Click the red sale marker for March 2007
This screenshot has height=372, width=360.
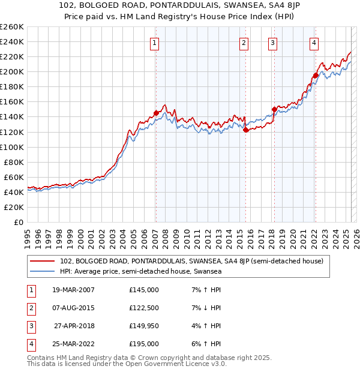156,113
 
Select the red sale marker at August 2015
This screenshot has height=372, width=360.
245,130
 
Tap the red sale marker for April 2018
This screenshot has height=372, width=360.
274,109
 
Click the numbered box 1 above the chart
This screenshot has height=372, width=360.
155,43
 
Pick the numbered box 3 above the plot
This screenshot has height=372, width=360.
273,43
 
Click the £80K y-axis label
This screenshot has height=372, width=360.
14,162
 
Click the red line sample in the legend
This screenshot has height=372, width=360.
43,261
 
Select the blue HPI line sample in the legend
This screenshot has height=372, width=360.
43,271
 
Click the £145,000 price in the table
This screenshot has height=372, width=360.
144,290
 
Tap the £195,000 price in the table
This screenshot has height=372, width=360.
144,344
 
